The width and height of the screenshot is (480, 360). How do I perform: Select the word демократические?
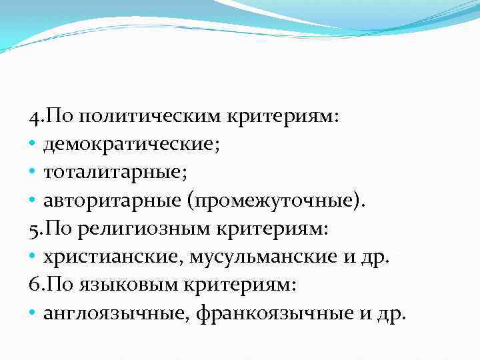pyautogui.click(x=128, y=145)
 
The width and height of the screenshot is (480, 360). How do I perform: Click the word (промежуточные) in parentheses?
pyautogui.click(x=275, y=201)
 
